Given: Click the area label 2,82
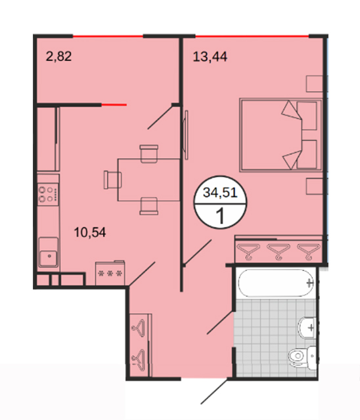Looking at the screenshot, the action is point(58,56).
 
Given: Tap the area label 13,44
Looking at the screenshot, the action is point(210,57).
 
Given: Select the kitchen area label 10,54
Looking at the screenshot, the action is point(90,232).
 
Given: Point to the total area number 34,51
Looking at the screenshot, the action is point(220,192).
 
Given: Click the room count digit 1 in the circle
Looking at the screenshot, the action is point(220,216).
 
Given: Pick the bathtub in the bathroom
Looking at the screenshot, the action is point(275,283).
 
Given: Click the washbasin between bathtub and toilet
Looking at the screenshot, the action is point(307,328).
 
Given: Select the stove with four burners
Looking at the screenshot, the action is point(48,194).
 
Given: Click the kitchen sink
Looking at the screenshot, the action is point(48,252).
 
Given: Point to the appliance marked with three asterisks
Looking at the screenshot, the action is point(110,273).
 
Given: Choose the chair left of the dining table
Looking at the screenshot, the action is point(112,180).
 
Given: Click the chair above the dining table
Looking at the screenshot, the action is point(148,154).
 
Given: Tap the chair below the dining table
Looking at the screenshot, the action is point(148,206).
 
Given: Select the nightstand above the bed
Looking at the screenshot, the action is point(315,84).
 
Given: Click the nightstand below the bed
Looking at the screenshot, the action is point(315,186).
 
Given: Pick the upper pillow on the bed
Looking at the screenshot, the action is point(307,115).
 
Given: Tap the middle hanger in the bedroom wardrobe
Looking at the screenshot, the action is point(279,251).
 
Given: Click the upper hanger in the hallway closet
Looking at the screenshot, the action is point(139,327).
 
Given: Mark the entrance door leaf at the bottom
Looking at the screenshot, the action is point(214,391).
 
